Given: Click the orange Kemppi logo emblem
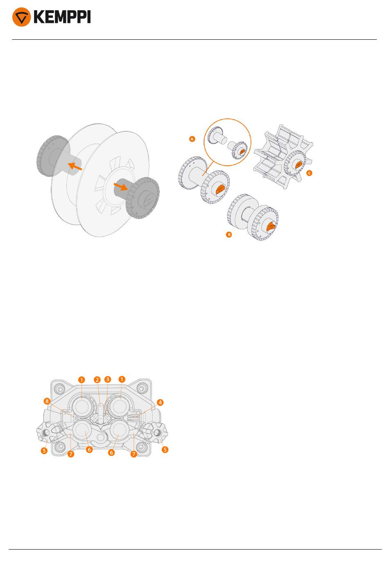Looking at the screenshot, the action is pos(22,17).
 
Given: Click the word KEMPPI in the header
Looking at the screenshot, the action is pos(62,17).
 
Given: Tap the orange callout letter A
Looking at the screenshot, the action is pos(192,139).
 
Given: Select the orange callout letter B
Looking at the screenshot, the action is pos(229,235).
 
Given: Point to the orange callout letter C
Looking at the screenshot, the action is pos(309,173).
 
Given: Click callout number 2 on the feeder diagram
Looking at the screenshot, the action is pos(97,380).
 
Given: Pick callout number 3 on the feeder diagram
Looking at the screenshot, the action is pos(108,379).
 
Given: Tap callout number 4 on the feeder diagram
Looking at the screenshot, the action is pos(160,403).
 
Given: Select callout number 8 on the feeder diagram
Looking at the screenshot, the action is pos(47,401).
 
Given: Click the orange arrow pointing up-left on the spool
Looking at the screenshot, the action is pos(75,166).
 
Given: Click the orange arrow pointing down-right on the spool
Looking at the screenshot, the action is pos(120,187).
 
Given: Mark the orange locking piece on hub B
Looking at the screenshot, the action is pos(271,226).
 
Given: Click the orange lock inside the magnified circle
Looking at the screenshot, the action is pos(242,152).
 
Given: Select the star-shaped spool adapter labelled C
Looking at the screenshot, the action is pos(283,156).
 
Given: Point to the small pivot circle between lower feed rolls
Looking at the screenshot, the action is pos(101,437).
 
